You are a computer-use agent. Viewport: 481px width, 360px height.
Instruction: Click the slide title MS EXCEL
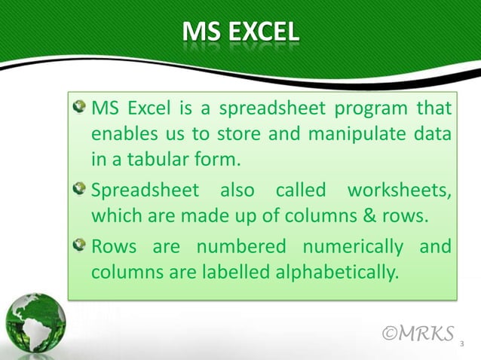(x=240, y=33)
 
